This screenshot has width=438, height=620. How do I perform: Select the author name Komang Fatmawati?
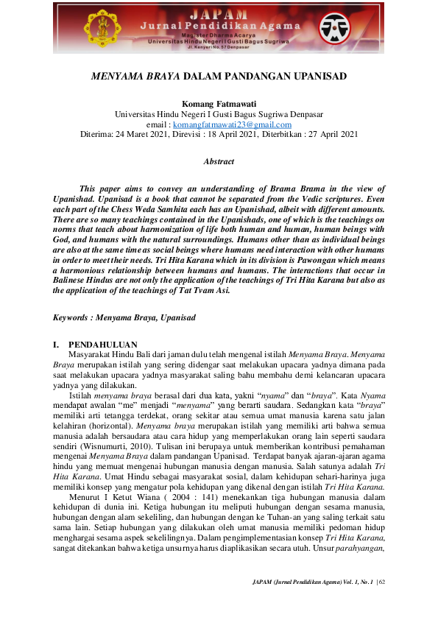coord(219,105)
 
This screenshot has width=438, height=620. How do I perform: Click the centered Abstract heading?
coord(219,161)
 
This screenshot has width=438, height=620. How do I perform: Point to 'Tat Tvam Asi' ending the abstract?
coord(205,290)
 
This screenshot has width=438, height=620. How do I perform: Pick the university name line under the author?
coord(219,115)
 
